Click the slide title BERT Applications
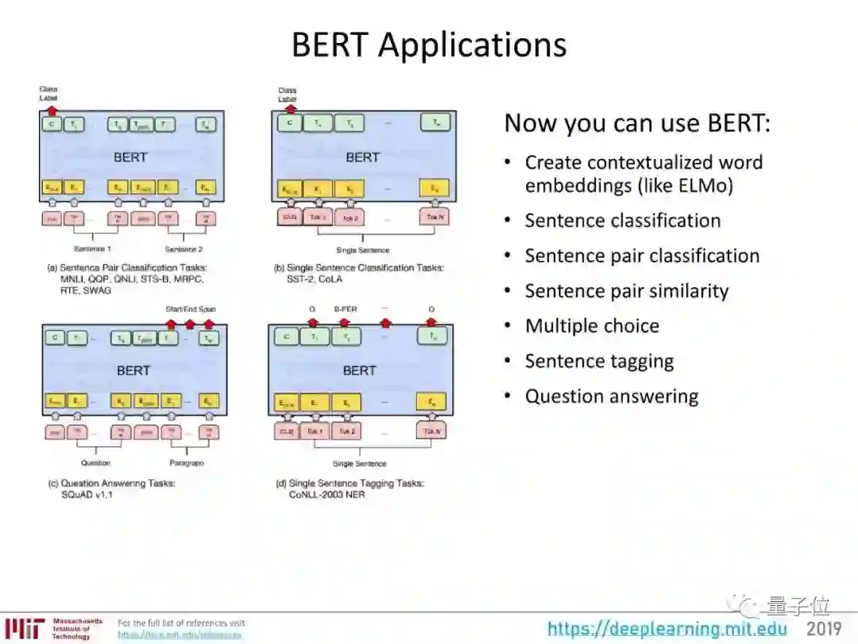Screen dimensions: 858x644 point(429,45)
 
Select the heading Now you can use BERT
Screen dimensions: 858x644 point(638,123)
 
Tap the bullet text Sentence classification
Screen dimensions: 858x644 point(623,220)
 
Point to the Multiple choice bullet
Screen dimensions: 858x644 point(592,326)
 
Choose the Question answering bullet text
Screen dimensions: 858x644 point(612,396)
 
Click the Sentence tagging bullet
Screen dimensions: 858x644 point(599,361)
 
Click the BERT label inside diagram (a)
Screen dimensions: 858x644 point(130,157)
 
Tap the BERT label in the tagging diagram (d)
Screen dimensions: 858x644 point(359,370)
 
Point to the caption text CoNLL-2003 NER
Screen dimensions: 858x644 point(327,494)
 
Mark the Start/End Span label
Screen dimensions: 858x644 point(190,309)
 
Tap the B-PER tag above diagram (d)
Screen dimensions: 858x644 point(345,309)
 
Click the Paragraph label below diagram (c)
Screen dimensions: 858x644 point(187,463)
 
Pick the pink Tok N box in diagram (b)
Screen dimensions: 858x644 point(434,217)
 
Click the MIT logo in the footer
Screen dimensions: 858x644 point(24,628)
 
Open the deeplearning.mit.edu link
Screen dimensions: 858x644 point(667,630)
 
